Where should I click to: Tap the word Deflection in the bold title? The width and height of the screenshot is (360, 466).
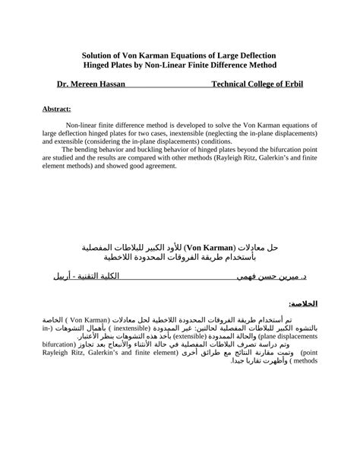253,56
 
